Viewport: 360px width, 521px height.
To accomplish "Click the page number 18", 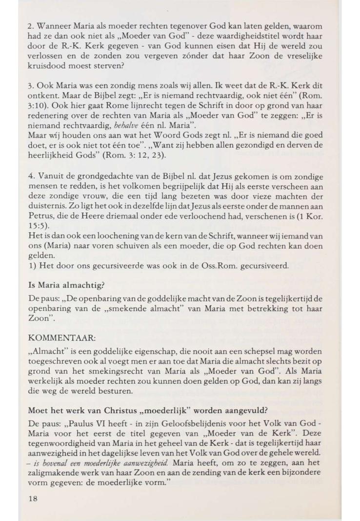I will click(33, 499).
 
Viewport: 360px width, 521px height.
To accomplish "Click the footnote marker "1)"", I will click(33, 266).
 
